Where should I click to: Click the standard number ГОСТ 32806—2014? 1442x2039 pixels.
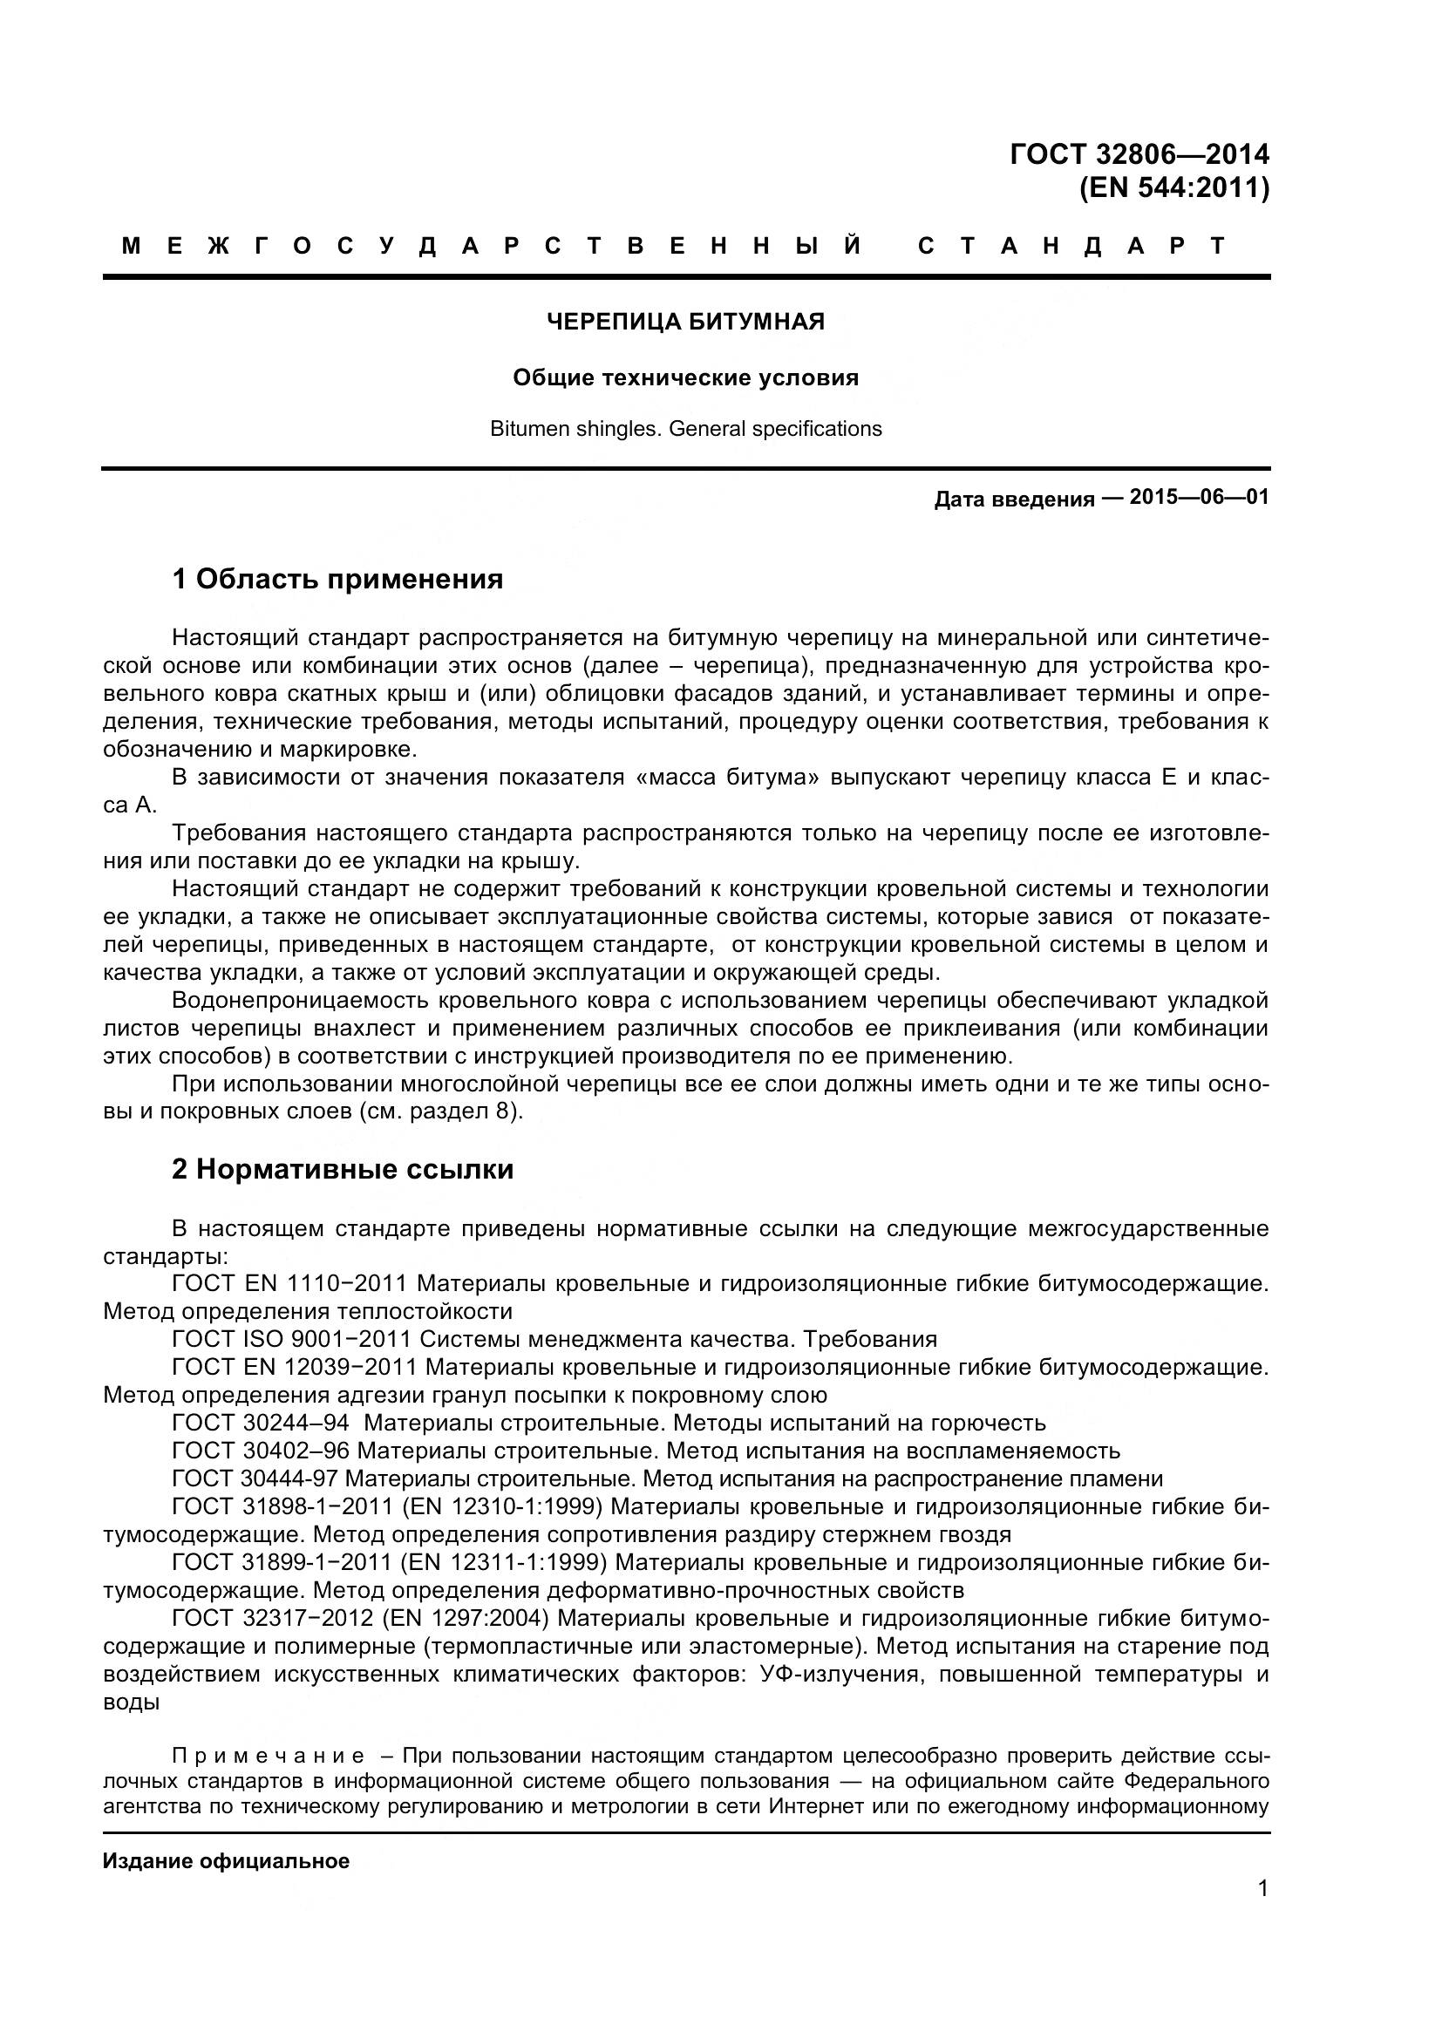pos(1139,154)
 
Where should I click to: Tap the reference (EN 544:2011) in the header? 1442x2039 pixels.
pos(1173,188)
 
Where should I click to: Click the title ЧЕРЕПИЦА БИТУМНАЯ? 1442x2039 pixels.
pos(685,322)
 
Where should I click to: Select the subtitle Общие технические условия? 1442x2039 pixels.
pos(685,378)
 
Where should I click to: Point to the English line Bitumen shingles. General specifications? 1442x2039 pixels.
pos(685,429)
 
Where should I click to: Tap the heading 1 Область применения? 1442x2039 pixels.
pos(337,579)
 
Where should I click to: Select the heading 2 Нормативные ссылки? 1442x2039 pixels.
pos(343,1170)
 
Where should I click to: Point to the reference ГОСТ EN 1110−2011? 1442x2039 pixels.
pos(289,1283)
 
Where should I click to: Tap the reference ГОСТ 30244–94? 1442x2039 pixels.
pos(260,1423)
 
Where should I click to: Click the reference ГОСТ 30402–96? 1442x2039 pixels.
pos(260,1451)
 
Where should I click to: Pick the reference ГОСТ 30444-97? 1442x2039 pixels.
pos(254,1478)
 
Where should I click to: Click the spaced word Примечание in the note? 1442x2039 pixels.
pos(269,1756)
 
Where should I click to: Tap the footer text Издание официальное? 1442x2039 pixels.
pos(226,1861)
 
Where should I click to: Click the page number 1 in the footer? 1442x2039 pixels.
pos(1262,1913)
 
